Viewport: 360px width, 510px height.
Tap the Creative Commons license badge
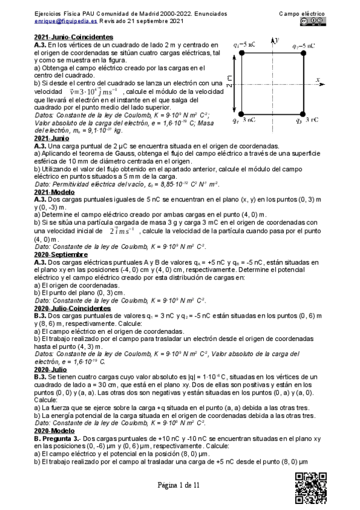(311, 21)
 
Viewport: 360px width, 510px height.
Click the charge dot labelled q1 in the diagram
(242, 54)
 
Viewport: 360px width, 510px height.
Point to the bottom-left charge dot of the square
(242, 113)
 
